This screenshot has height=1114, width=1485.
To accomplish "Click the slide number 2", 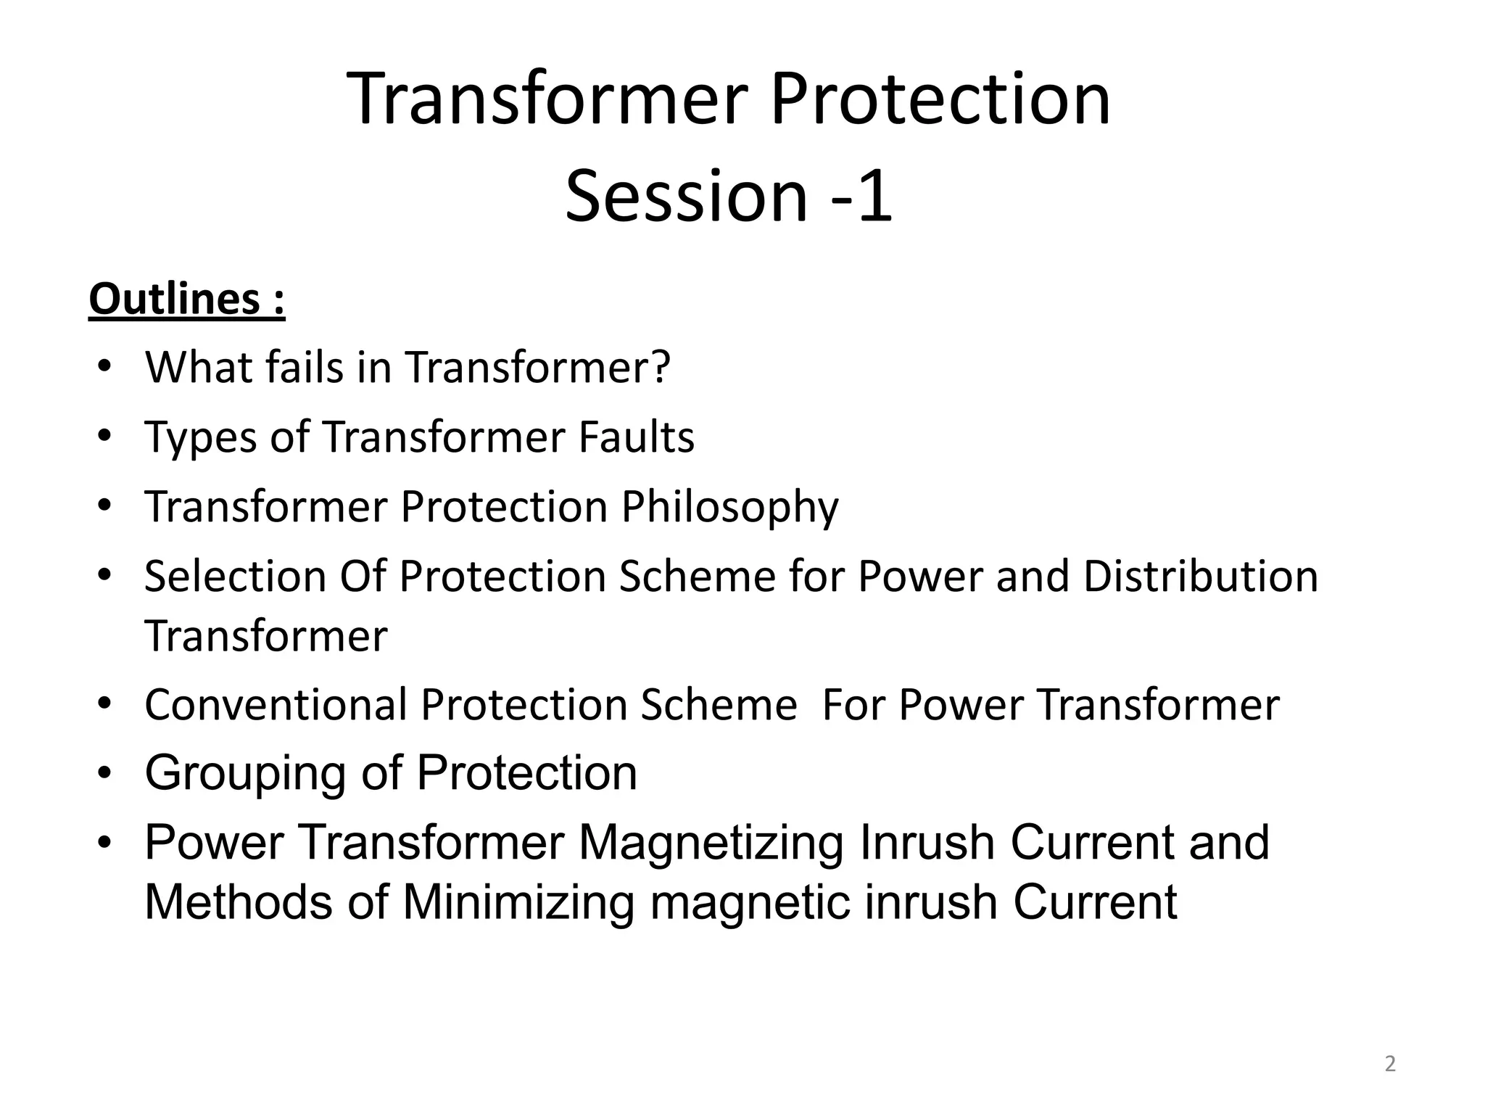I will (x=1389, y=1064).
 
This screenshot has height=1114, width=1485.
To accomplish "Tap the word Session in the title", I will (x=685, y=197).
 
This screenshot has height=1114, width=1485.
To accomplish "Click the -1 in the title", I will (x=861, y=197).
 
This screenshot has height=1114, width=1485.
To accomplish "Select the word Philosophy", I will (x=729, y=507).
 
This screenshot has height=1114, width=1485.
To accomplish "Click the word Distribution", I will (x=1200, y=577).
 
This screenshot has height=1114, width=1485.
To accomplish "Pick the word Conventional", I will (x=276, y=705).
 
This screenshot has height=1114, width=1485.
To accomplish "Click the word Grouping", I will (x=244, y=773).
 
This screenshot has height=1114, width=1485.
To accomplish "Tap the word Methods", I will (x=239, y=903).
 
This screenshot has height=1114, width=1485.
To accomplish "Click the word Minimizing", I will (x=518, y=903).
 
